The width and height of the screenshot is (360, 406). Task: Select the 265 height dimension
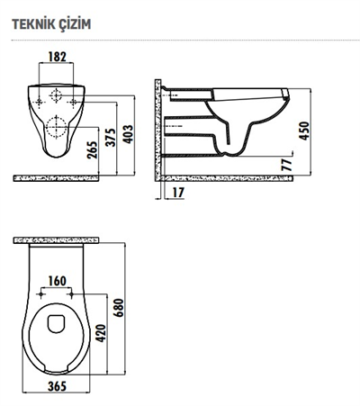(94, 148)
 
